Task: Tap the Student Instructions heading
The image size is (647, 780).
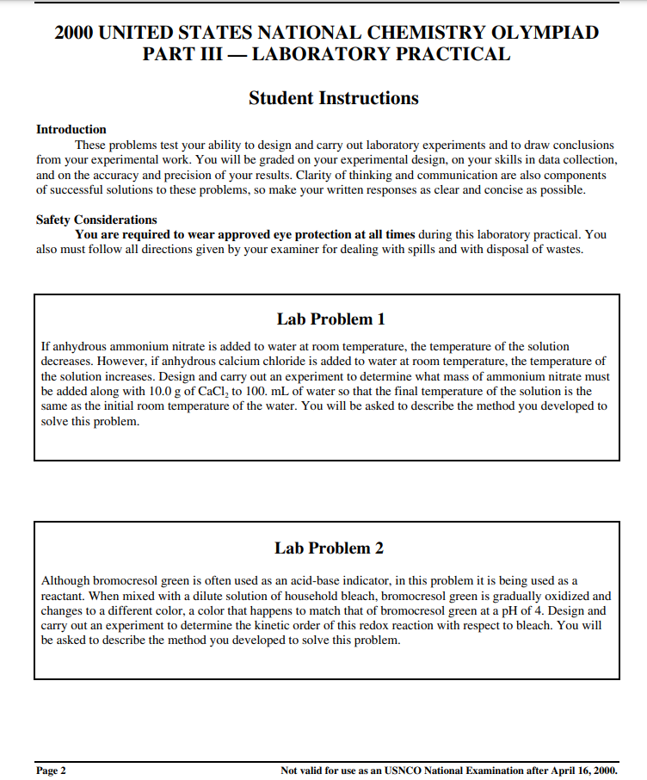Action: (333, 98)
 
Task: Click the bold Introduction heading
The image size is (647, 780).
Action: (71, 129)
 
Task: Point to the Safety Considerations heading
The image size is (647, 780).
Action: (96, 220)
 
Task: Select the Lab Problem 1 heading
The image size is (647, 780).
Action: (330, 319)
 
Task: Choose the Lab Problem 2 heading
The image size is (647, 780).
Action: (330, 548)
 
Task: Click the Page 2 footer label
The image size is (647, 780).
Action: (52, 770)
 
